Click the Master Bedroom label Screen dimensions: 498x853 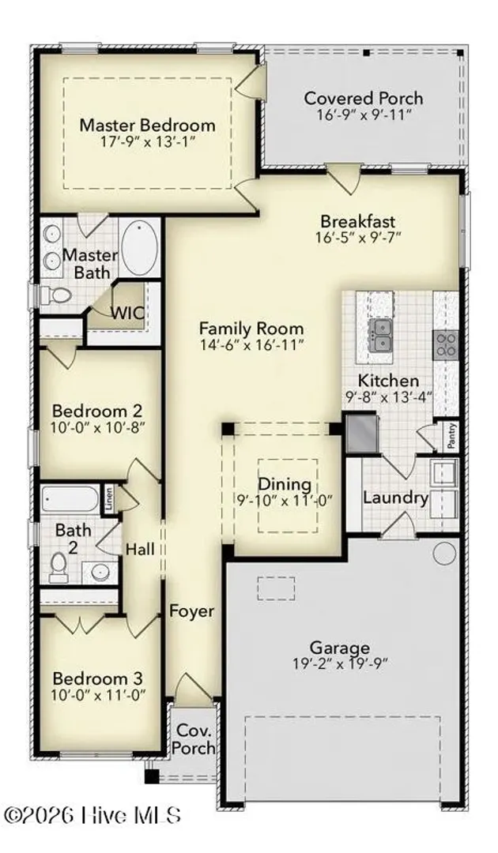148,125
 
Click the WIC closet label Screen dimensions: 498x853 128,314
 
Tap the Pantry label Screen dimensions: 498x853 452,436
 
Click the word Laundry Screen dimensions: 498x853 396,498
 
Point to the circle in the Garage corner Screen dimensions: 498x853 444,553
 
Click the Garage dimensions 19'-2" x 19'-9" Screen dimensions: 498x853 340,663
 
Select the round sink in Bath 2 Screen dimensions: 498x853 100,573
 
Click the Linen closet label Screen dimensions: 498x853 109,499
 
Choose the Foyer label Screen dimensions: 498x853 191,611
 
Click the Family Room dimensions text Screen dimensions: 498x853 251,345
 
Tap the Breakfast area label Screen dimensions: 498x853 357,221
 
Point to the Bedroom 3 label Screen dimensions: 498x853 98,679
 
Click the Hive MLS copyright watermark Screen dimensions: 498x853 92,815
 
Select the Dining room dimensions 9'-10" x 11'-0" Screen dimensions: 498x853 285,499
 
